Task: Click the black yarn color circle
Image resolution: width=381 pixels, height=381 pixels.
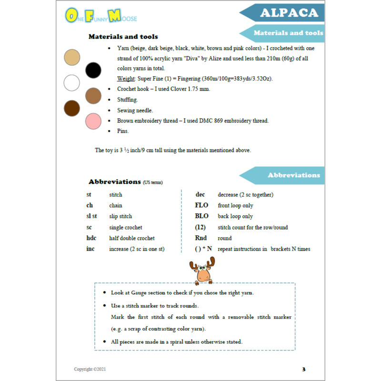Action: click(x=93, y=70)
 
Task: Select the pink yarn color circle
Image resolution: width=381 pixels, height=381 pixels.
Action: click(x=93, y=121)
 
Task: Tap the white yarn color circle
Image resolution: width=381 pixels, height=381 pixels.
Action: click(x=72, y=83)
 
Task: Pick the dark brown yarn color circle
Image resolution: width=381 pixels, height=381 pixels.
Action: click(x=72, y=108)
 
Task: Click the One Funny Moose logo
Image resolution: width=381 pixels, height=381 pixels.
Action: click(x=100, y=17)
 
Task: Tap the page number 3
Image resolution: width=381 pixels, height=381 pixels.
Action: click(x=304, y=369)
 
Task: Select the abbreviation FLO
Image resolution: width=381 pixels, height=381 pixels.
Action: click(x=202, y=206)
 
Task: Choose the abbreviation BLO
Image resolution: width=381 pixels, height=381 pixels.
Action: click(x=202, y=216)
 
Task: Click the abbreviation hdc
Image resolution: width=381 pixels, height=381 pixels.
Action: click(x=93, y=238)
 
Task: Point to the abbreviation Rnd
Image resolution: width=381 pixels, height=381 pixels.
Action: click(x=201, y=238)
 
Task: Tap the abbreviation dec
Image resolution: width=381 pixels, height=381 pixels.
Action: click(x=200, y=194)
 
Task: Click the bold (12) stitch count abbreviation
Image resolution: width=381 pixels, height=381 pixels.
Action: click(x=200, y=227)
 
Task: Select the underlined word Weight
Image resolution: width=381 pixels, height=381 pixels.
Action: click(x=126, y=78)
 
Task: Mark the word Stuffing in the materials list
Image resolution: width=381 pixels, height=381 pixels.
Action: click(x=128, y=100)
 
